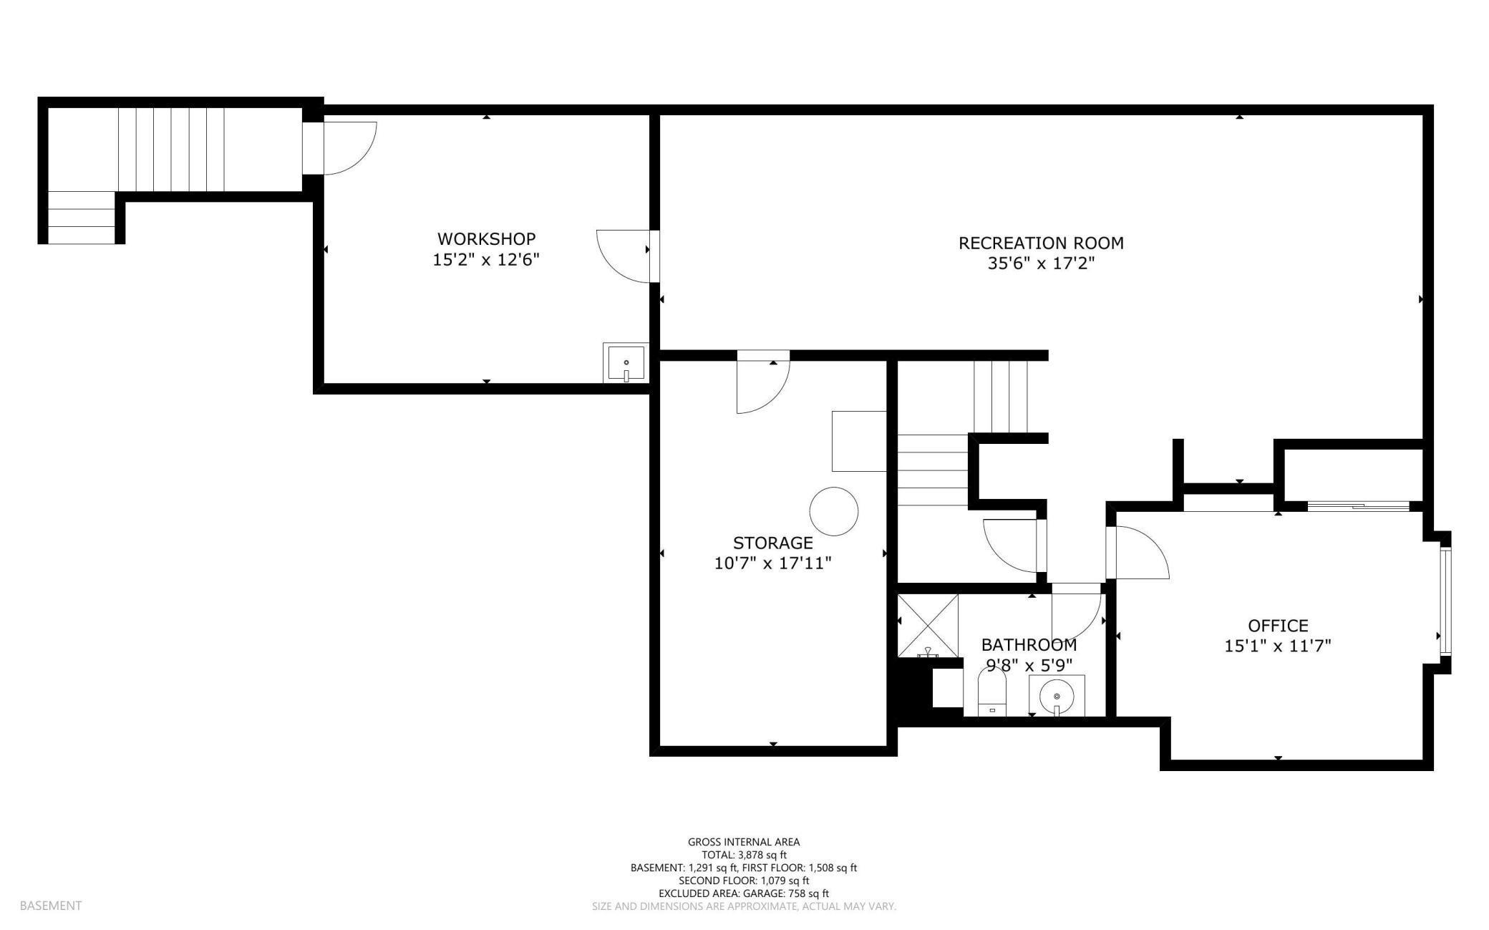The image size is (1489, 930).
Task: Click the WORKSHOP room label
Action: point(486,238)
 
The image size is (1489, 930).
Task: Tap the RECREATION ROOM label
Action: point(1041,243)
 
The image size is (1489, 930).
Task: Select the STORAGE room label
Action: point(772,543)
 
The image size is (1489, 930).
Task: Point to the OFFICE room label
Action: point(1278,626)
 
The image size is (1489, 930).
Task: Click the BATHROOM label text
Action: point(1029,645)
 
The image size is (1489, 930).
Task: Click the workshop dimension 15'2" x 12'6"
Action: point(485,259)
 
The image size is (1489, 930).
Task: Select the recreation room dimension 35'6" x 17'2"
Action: point(1041,263)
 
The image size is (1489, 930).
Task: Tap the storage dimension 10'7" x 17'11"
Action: point(772,563)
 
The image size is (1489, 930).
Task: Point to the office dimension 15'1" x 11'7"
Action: point(1278,646)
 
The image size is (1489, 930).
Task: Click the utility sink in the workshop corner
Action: point(626,362)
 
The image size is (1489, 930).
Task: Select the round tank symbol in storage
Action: point(833,511)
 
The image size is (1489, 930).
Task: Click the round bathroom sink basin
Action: point(1056,694)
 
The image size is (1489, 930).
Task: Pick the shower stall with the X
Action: point(928,625)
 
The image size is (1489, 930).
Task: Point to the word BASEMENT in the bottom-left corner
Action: point(51,906)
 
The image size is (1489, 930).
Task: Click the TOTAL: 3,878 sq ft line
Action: point(744,855)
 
